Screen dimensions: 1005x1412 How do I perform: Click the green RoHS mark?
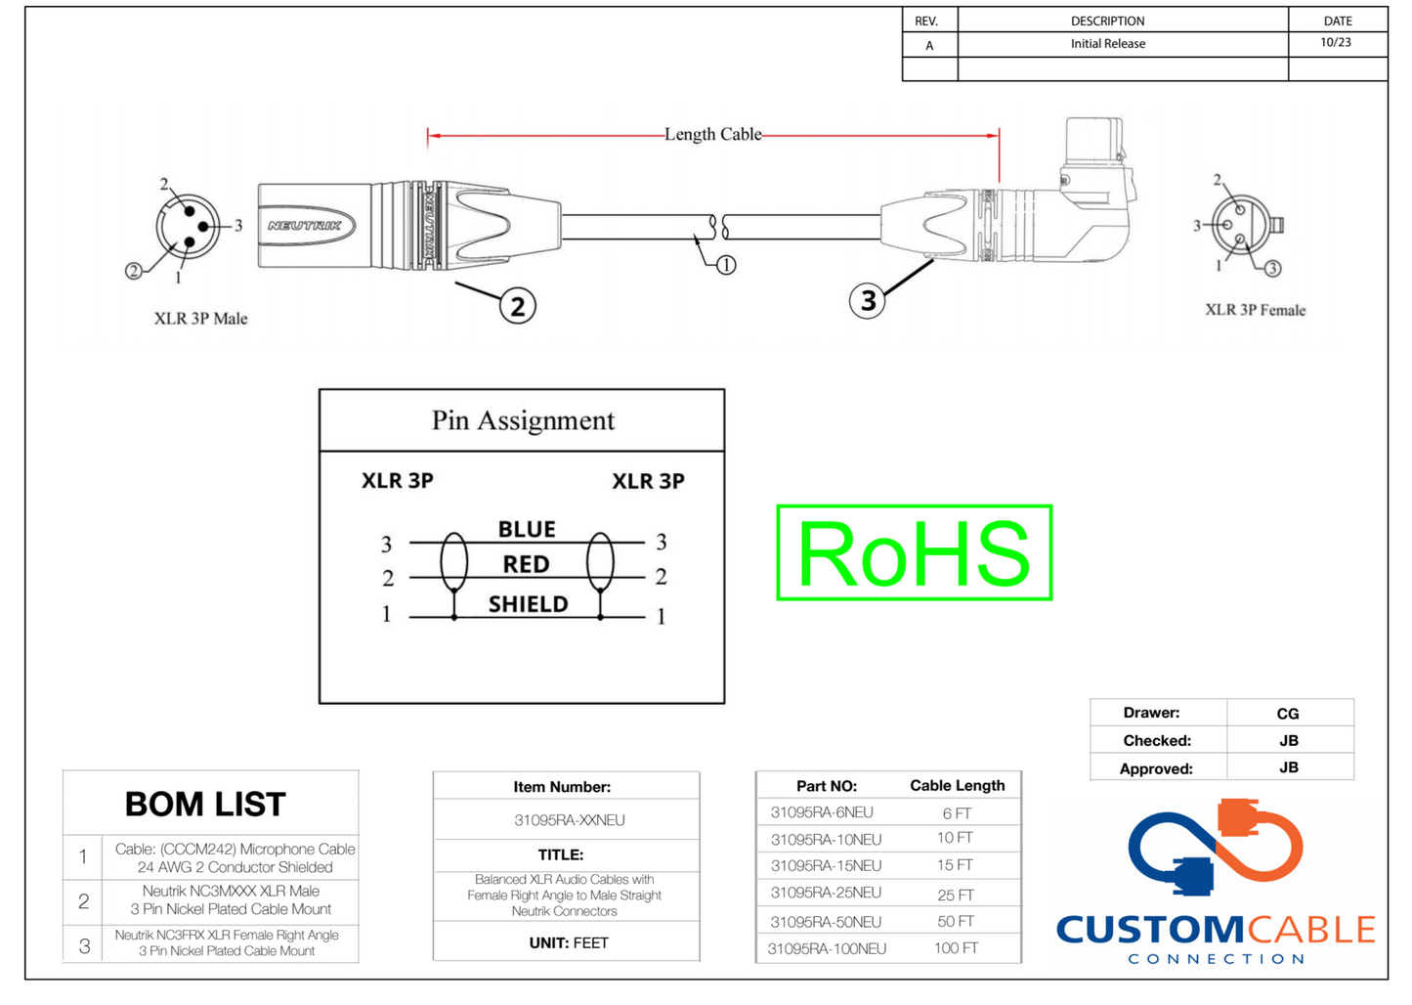(914, 552)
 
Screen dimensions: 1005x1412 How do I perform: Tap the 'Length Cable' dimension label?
(712, 135)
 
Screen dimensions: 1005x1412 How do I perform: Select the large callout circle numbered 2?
(517, 306)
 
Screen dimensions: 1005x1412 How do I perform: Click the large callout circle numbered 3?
(868, 300)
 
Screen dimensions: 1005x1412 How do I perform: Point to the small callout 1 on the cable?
(726, 265)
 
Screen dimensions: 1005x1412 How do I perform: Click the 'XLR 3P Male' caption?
(200, 319)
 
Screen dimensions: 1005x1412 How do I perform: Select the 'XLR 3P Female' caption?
(1255, 310)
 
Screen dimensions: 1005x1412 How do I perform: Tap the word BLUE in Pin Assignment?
(527, 530)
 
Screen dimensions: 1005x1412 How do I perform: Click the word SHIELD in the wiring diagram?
(528, 604)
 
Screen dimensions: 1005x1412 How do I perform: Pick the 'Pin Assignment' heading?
(523, 420)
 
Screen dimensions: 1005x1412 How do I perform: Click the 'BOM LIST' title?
(205, 805)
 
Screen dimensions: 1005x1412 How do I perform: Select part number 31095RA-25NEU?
(826, 893)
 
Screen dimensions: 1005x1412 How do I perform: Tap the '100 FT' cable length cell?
(956, 948)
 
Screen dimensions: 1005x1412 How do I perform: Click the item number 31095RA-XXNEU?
(569, 820)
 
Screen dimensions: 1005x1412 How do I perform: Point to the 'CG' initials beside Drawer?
(1288, 714)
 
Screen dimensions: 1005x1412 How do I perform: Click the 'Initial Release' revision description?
(1107, 44)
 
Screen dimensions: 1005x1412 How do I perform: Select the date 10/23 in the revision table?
(1336, 43)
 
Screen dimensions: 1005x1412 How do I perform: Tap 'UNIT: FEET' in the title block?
(569, 943)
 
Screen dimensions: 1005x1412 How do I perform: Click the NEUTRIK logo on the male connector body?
(305, 226)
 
